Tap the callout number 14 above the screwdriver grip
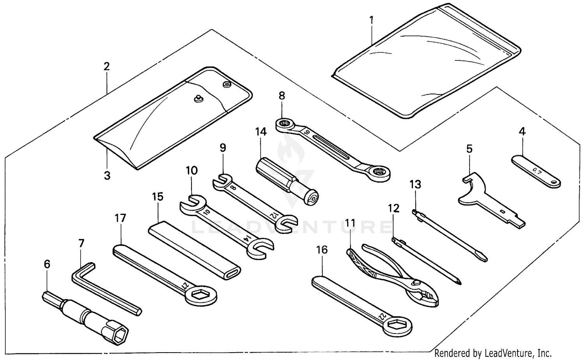coord(261,132)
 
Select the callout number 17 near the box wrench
coord(121,218)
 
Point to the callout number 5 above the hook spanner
coord(469,149)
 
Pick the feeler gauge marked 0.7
coord(536,171)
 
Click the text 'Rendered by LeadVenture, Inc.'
coord(493,353)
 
